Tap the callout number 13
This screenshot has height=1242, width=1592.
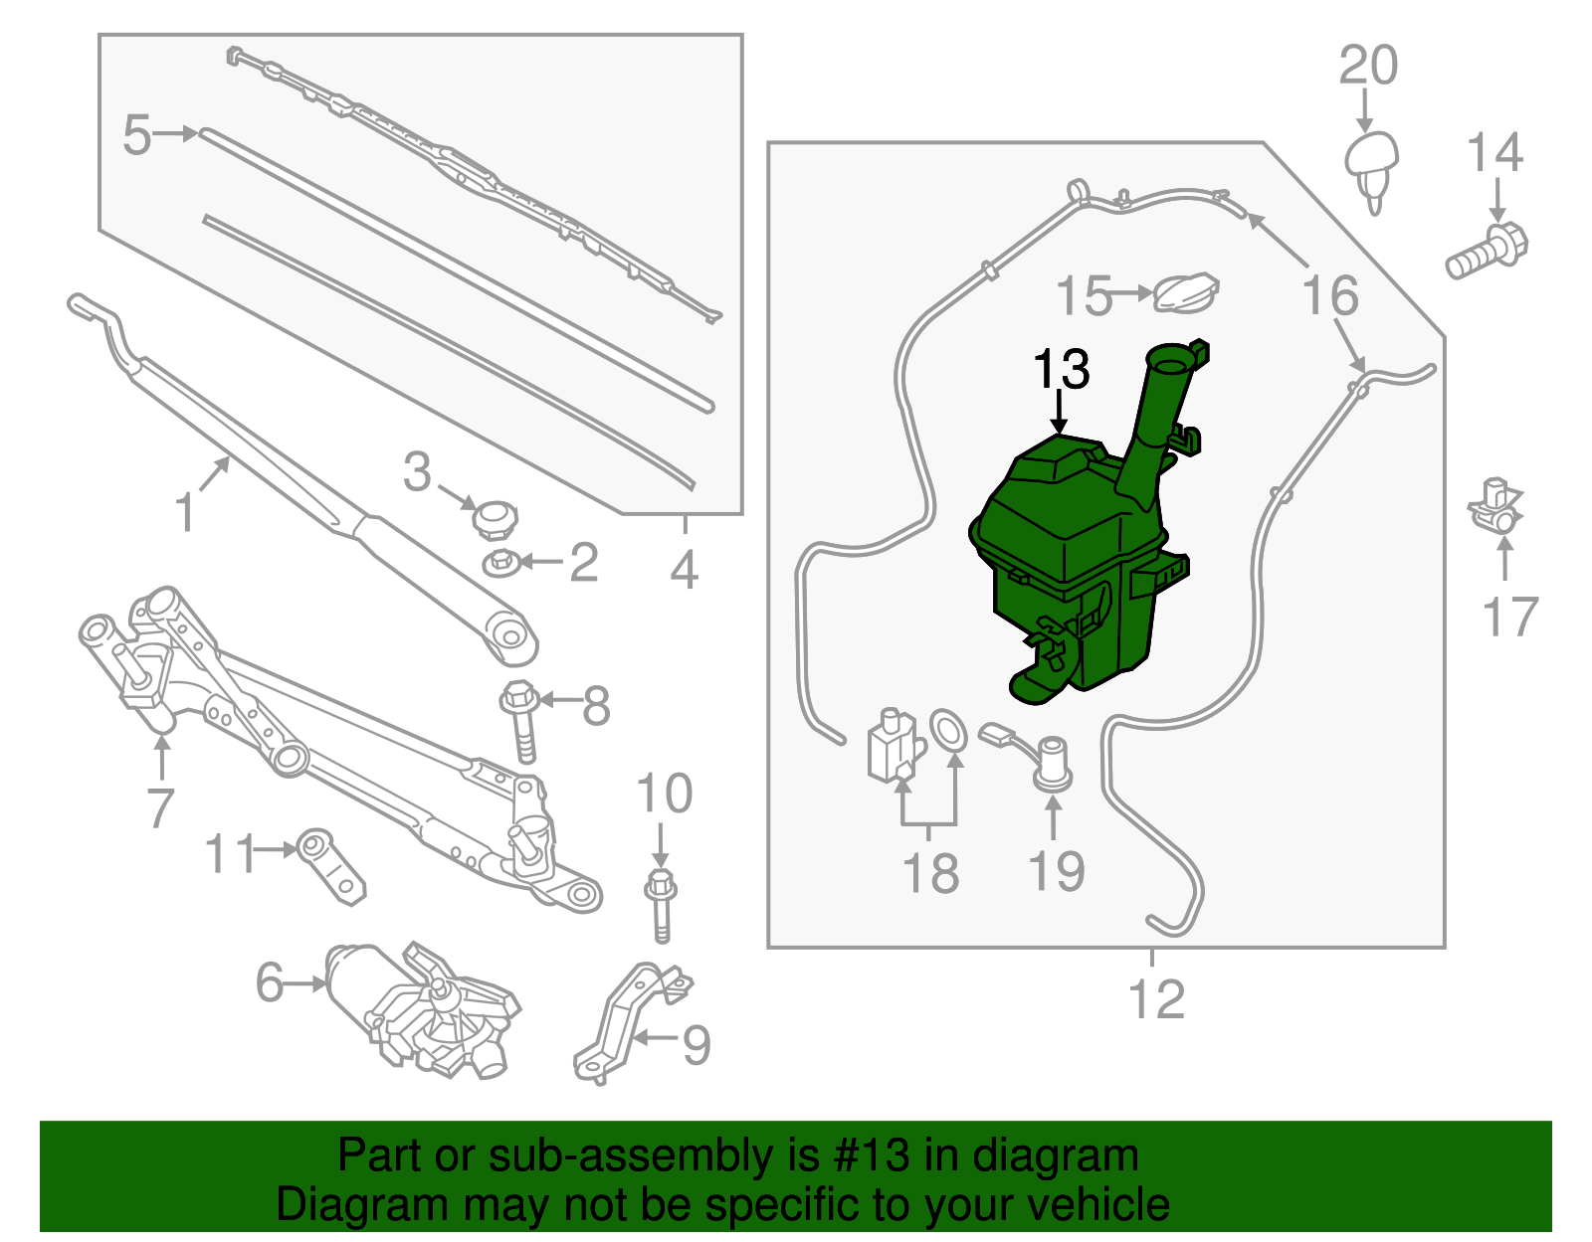coord(1062,370)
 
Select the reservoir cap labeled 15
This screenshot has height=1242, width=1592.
coord(1186,291)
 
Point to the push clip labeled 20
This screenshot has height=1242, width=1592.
coord(1372,164)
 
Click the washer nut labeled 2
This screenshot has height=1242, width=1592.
coord(499,563)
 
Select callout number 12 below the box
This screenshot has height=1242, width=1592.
coord(1157,999)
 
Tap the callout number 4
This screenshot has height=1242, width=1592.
coord(684,570)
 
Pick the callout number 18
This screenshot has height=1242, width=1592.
coord(930,873)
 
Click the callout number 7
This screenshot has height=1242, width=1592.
coord(160,807)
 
